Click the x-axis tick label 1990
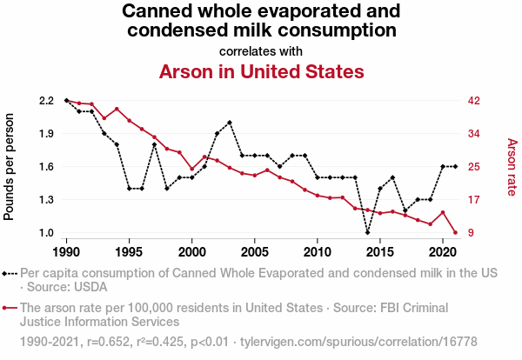click(x=66, y=251)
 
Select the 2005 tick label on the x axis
click(x=255, y=251)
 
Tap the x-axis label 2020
click(x=443, y=251)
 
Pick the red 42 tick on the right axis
click(x=474, y=101)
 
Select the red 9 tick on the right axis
click(x=471, y=233)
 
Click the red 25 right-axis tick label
click(x=474, y=167)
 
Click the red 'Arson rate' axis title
click(x=512, y=167)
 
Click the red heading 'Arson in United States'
click(x=261, y=71)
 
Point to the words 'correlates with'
click(x=261, y=50)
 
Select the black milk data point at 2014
click(x=368, y=232)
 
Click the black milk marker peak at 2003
click(x=230, y=123)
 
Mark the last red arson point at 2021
click(x=456, y=232)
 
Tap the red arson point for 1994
click(x=117, y=109)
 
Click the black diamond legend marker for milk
click(x=10, y=273)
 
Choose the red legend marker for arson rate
click(x=10, y=307)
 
